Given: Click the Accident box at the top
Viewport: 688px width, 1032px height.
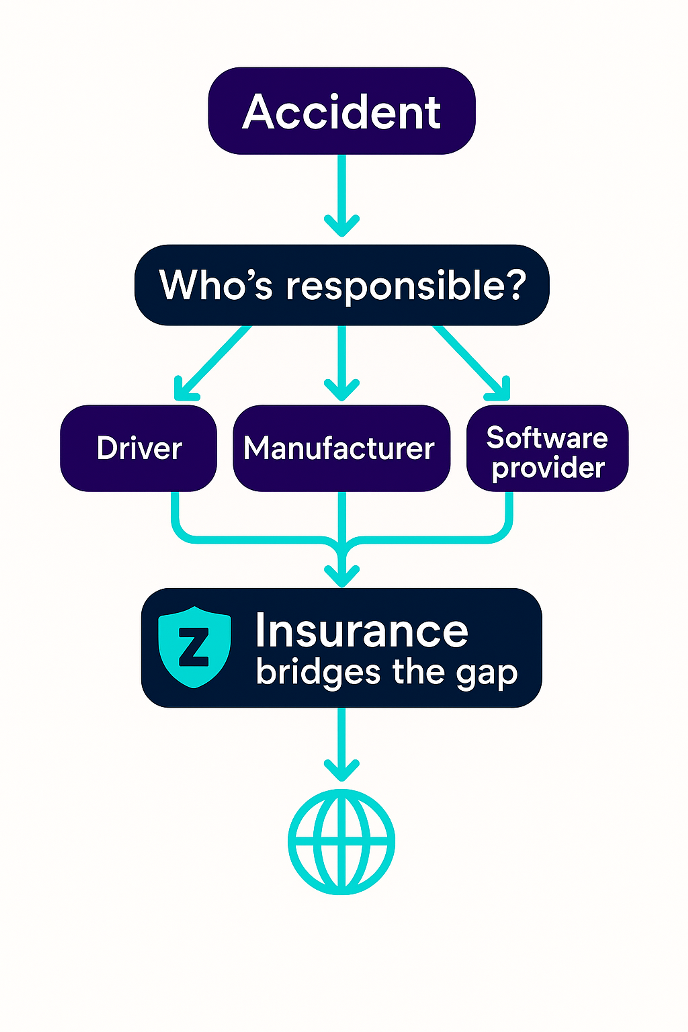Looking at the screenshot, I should tap(341, 111).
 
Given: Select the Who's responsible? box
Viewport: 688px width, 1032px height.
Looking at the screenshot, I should tap(341, 285).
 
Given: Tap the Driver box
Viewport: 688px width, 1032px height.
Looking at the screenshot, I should tap(139, 448).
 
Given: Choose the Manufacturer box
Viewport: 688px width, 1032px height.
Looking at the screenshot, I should tap(341, 448).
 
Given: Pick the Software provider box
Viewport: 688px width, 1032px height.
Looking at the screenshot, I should tap(547, 448).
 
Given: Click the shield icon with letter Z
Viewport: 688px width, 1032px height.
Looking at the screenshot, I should tap(195, 647).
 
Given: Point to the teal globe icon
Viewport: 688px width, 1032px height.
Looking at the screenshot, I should tap(341, 841).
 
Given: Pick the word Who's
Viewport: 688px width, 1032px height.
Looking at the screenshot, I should tap(215, 285).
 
